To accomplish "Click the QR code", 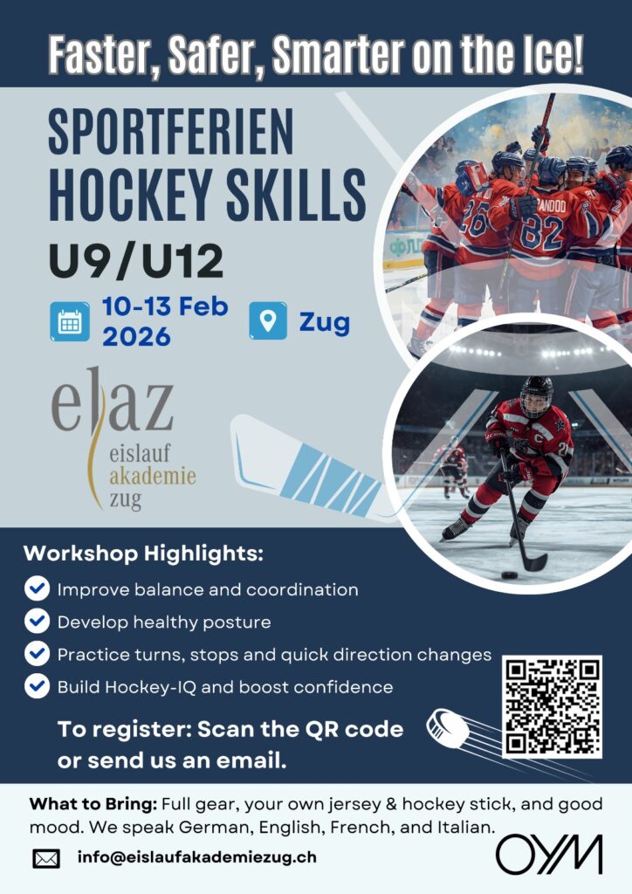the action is coord(553,706).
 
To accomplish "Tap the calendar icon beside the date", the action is coord(70,321).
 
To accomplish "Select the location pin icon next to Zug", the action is coord(268,321).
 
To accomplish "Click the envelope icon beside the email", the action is coord(46,858).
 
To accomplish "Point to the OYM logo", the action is coord(549,854).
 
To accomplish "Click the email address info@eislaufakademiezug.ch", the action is coord(196,857).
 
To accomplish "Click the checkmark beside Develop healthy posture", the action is coord(37,621).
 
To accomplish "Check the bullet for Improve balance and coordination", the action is coord(37,588).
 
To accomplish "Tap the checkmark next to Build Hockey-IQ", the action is coord(37,686).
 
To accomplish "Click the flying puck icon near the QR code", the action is coord(448,728).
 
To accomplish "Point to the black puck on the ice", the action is coord(509,574).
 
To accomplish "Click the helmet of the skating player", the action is coord(536,395).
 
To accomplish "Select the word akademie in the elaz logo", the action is coord(152,476).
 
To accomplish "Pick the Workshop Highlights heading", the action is coord(144,553).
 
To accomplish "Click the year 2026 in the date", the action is coord(136,336).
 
